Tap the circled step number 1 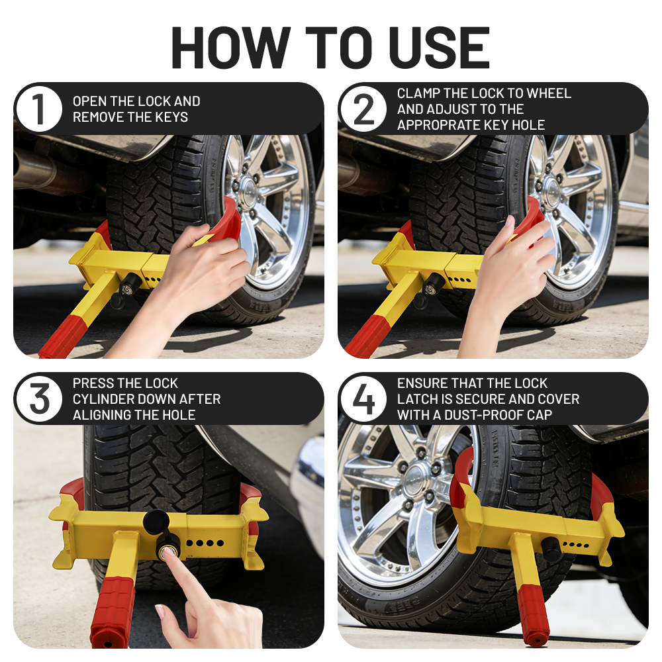39,109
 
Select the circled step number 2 363,109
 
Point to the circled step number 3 39,399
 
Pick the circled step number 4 363,399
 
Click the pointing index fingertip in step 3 168,554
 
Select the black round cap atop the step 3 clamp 156,522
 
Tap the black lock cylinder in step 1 130,286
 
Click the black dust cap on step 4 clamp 551,548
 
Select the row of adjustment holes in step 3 205,543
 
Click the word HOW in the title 230,47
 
